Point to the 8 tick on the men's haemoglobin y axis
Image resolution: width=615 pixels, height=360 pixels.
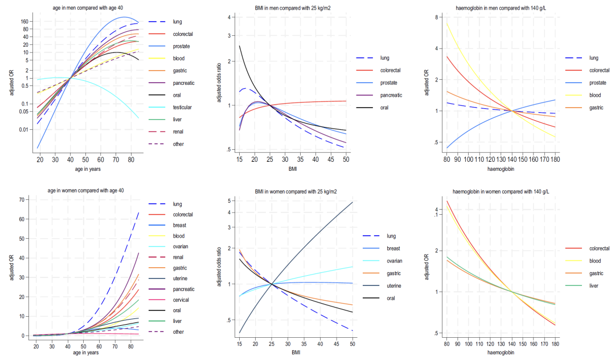point(435,17)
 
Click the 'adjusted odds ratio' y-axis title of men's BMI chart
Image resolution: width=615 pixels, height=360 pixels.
point(219,84)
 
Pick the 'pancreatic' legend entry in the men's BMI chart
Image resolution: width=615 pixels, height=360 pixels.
point(391,95)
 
